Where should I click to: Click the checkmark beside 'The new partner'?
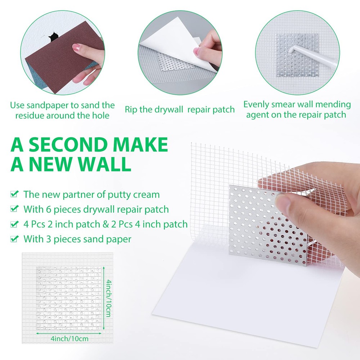coord(15,194)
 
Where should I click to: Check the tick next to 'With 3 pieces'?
coord(15,239)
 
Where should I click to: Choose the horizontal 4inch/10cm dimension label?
coord(69,338)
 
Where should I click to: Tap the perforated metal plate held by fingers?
coord(266,230)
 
